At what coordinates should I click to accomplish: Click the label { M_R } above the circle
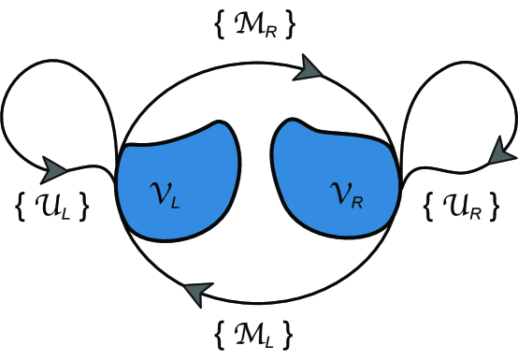[x=254, y=25]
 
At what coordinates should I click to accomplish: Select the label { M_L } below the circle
[x=255, y=331]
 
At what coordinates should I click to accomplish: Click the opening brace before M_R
[x=219, y=25]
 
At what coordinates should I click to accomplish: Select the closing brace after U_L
[x=86, y=207]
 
